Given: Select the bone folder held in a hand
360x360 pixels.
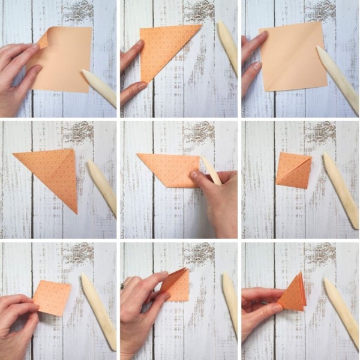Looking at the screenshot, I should pos(211,170).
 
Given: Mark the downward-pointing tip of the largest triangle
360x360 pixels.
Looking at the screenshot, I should pos(76,211).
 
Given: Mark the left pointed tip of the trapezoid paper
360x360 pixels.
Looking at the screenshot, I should pos(138,155).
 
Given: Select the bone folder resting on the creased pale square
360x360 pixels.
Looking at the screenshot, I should pos(337,78).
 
